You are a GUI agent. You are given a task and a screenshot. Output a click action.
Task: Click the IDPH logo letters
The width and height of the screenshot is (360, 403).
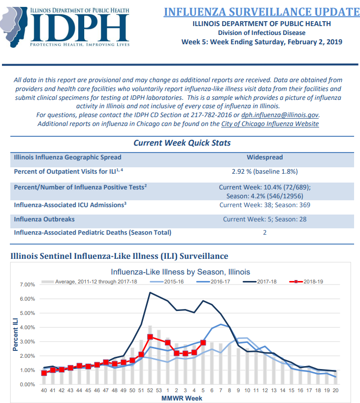point(80,28)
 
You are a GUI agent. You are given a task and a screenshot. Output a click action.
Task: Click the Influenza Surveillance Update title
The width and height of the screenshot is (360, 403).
point(262,12)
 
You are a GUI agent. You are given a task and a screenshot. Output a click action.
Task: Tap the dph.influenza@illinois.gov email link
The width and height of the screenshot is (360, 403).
point(280,115)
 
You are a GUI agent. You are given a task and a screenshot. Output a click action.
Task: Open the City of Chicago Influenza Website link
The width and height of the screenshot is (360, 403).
point(270,124)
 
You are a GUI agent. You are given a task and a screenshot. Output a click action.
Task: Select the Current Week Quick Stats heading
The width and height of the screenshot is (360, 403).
point(182,143)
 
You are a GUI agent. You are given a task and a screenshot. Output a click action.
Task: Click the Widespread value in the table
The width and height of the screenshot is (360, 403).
point(265,157)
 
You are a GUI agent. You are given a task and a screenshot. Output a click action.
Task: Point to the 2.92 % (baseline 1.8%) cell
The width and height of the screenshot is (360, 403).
point(265,171)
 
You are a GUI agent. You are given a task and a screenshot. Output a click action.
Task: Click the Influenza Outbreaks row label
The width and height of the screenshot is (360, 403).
point(44,219)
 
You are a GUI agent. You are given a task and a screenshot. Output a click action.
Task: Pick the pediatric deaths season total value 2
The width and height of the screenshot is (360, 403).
point(265,233)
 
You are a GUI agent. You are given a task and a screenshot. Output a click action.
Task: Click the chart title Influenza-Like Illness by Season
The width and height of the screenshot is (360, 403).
point(180,272)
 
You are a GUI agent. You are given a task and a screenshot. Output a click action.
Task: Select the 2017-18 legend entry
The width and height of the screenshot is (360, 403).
point(260,281)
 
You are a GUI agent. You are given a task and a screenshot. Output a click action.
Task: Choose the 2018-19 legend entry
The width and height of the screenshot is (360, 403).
point(306,281)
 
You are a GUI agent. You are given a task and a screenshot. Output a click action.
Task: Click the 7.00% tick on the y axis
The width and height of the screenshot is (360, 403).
point(27,284)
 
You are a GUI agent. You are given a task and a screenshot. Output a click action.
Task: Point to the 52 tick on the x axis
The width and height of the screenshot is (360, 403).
point(150,390)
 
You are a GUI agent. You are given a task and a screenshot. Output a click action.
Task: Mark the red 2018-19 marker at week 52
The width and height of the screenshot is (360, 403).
point(150,337)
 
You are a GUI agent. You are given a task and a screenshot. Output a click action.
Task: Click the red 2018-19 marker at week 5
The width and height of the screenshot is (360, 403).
point(203,342)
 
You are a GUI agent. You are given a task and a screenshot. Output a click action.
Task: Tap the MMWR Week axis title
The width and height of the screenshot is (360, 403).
point(182,399)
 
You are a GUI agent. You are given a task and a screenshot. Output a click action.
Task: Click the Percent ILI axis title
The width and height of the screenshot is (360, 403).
point(15,335)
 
